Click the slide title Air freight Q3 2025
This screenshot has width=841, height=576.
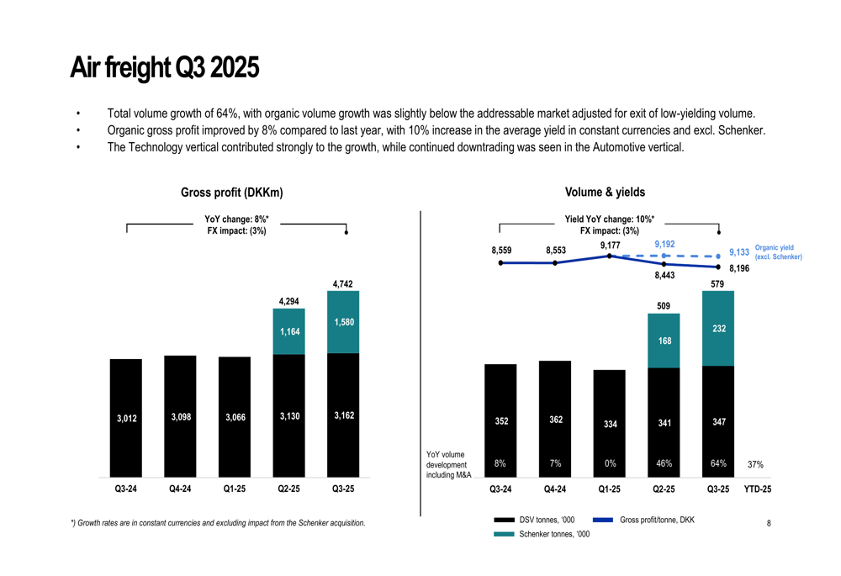(x=164, y=67)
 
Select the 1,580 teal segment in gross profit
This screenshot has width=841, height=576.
(x=342, y=322)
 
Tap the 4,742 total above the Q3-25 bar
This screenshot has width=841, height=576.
(x=342, y=284)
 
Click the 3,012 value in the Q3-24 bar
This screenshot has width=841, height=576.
(x=126, y=418)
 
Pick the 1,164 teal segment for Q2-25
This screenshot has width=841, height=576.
(x=288, y=331)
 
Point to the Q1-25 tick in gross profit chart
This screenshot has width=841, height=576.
(x=234, y=489)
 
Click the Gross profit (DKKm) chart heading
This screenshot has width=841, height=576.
(x=232, y=193)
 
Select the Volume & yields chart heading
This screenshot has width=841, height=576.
(x=606, y=193)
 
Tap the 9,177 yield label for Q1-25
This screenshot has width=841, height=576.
(x=611, y=246)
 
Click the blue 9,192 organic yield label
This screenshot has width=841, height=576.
(x=664, y=245)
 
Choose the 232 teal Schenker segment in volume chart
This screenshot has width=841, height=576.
(x=719, y=329)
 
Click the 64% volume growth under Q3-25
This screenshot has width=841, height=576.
(x=718, y=463)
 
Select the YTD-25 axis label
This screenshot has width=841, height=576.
(x=757, y=489)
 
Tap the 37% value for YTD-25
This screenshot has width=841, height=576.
(x=755, y=464)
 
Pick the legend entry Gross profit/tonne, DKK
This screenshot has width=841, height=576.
(x=657, y=520)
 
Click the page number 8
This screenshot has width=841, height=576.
(x=769, y=524)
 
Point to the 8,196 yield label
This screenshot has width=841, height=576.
(x=738, y=268)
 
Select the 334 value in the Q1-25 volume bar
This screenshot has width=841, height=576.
(x=611, y=424)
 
